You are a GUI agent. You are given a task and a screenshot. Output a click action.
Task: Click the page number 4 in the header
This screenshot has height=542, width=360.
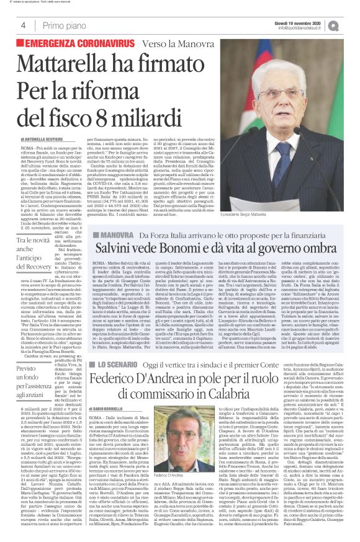click(22, 25)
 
